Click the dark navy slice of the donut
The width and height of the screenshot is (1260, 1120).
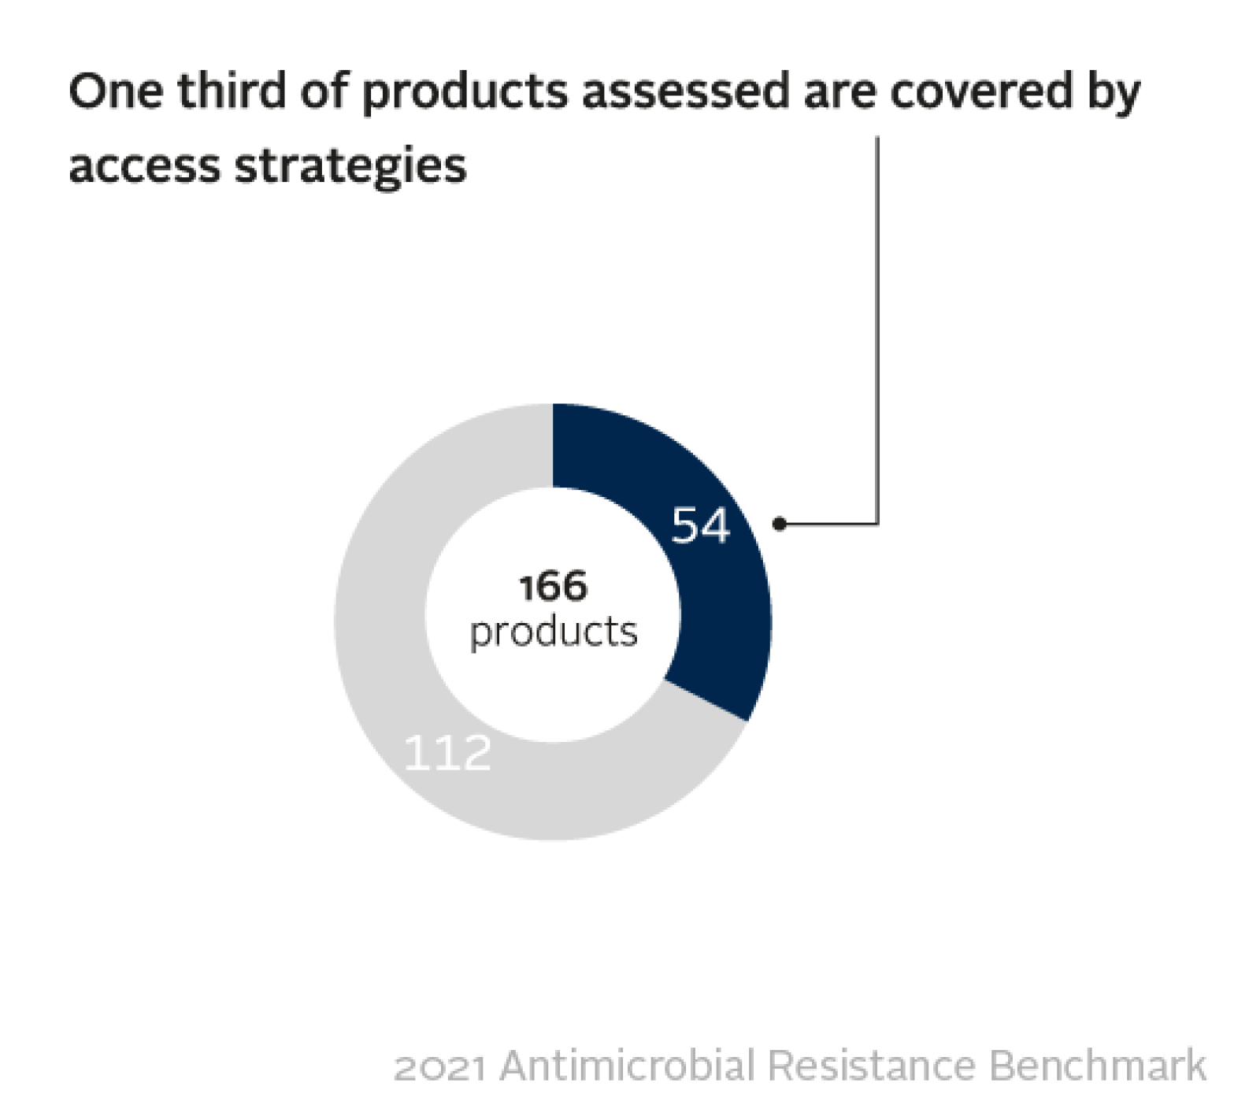pyautogui.click(x=709, y=599)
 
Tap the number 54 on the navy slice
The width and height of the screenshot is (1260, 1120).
pyautogui.click(x=700, y=525)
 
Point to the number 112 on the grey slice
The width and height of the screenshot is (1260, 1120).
pyautogui.click(x=447, y=752)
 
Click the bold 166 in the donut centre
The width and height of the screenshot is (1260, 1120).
pyautogui.click(x=553, y=587)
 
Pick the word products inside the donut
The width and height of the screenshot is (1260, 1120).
pyautogui.click(x=554, y=632)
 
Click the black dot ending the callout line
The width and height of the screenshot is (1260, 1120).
pyautogui.click(x=780, y=524)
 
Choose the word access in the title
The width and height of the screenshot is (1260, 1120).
pyautogui.click(x=145, y=167)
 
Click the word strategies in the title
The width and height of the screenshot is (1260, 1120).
pyautogui.click(x=351, y=169)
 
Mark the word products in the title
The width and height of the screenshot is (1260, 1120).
pyautogui.click(x=465, y=93)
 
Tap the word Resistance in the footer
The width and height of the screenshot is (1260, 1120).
pyautogui.click(x=870, y=1066)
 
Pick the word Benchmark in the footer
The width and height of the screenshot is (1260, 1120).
pyautogui.click(x=1097, y=1065)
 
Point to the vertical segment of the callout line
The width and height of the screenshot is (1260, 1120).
pyautogui.click(x=877, y=330)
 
